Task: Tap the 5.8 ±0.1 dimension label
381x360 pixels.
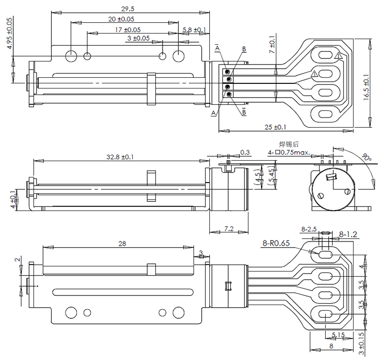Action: pyautogui.click(x=194, y=30)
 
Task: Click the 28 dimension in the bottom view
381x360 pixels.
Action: pyautogui.click(x=122, y=244)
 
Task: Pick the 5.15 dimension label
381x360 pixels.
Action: pyautogui.click(x=338, y=334)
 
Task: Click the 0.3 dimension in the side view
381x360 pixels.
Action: pyautogui.click(x=245, y=152)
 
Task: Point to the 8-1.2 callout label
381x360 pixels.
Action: pyautogui.click(x=348, y=234)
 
